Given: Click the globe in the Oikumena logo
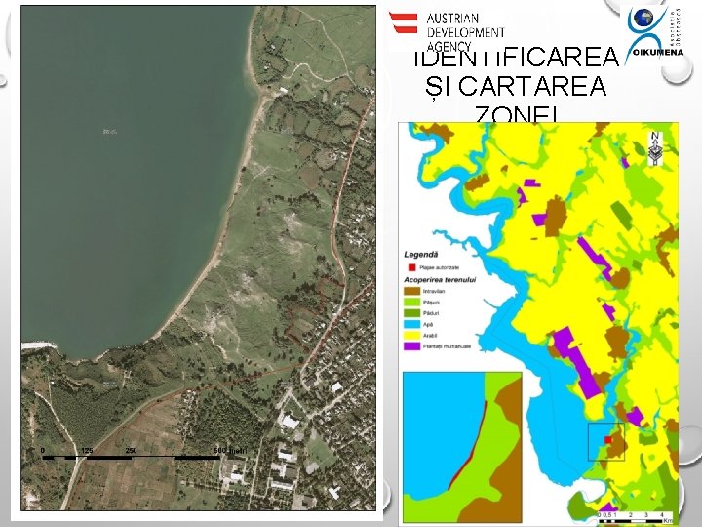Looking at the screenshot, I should [644, 20].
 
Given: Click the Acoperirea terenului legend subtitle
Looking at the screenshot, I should [440, 278].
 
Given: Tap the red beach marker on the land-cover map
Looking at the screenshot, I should [607, 441].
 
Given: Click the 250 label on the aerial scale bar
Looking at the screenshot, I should [131, 450].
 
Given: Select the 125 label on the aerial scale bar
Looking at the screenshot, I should [86, 450].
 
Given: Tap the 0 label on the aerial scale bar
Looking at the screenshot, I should [44, 450].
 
